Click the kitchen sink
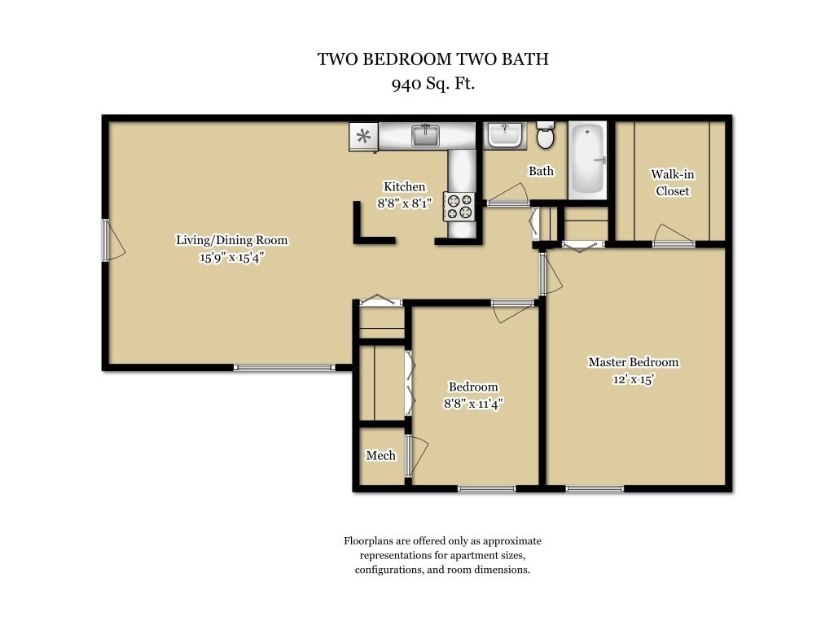pos(425,135)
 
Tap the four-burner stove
pos(459,206)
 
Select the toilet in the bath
pos(546,136)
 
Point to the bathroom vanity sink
pos(505,134)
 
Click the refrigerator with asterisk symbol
pos(363,136)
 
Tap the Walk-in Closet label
pos(672,182)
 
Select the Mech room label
pos(380,455)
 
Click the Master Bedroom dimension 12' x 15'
pos(633,379)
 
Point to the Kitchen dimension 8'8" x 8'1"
pos(404,204)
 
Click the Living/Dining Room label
pos(232,240)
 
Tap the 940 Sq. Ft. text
pos(432,82)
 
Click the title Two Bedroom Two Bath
pos(432,59)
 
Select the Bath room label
pos(541,171)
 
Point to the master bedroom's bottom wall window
pos(595,488)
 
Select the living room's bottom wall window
pos(283,368)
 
